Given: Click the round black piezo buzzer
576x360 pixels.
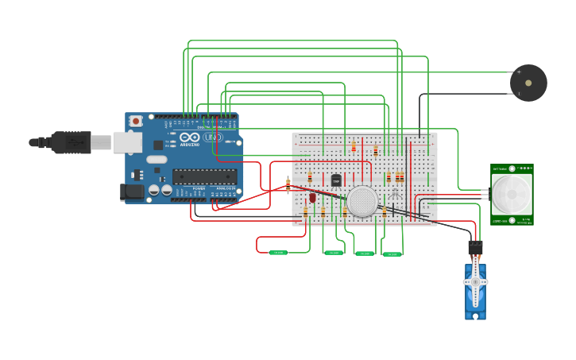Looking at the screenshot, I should tap(528, 83).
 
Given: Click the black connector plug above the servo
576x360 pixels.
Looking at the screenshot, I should tap(475, 247).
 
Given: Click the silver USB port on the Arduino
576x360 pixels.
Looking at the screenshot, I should tap(126, 142).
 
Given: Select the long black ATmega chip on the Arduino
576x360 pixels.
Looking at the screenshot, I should tap(204, 176).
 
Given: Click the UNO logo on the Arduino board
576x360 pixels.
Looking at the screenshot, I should tap(212, 137).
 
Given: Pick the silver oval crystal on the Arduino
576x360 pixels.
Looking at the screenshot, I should tap(157, 159).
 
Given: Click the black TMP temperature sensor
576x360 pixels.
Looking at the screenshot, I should tap(336, 181).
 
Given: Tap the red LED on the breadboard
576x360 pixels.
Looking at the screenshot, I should tap(312, 196).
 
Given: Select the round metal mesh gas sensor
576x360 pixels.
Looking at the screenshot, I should tap(362, 202).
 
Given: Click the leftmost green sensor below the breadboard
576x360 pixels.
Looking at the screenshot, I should tap(277, 252).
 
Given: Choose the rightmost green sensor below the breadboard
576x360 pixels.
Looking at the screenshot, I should tap(392, 254).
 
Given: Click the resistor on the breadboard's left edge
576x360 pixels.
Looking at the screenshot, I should tap(288, 185).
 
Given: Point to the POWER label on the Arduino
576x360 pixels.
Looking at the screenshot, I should tap(199, 188).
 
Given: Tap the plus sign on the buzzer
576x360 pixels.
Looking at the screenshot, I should tap(519, 72).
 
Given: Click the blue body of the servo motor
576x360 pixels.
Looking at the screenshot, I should tap(475, 298).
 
